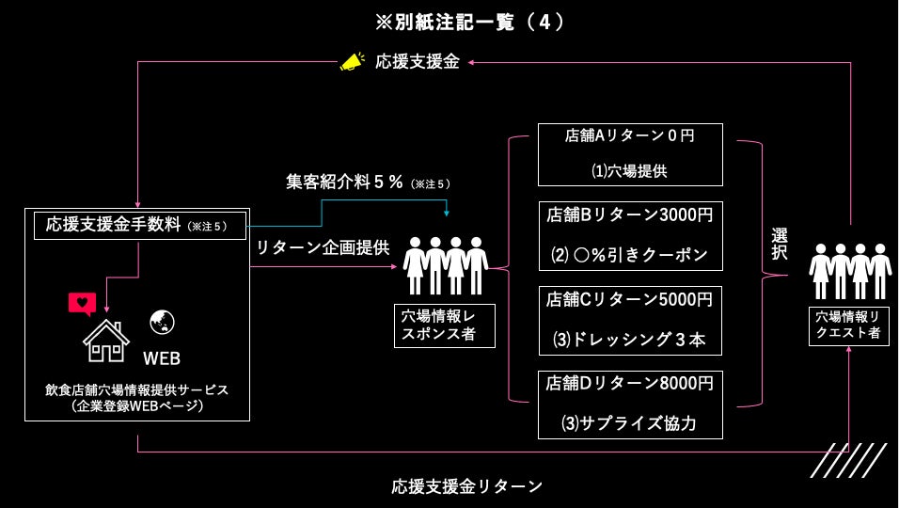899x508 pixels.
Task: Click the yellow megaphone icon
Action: [x=351, y=62]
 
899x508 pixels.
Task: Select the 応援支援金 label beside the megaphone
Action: [x=418, y=62]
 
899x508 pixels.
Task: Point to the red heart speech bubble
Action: [x=83, y=304]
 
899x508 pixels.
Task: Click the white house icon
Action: [x=105, y=340]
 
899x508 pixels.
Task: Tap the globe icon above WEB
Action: [x=162, y=323]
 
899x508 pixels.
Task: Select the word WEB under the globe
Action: [x=162, y=358]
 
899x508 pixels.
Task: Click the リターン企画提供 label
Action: [x=323, y=248]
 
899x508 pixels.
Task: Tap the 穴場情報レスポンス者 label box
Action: [x=444, y=325]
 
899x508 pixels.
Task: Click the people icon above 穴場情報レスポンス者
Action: [x=445, y=264]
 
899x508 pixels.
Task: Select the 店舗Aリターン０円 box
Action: [x=629, y=154]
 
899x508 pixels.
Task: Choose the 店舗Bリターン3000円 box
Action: [x=629, y=235]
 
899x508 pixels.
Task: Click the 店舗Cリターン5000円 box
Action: [x=629, y=320]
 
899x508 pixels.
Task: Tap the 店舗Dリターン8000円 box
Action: [x=629, y=404]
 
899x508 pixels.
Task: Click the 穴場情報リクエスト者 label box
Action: [x=849, y=324]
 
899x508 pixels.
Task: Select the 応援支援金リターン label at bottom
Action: [x=467, y=486]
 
